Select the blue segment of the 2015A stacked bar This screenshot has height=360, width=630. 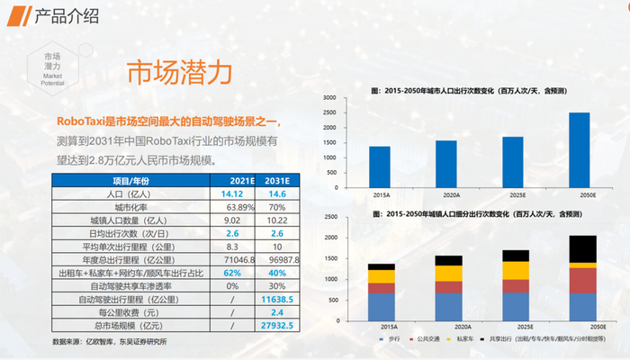tap(381, 307)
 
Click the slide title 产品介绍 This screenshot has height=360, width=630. tap(65, 16)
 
